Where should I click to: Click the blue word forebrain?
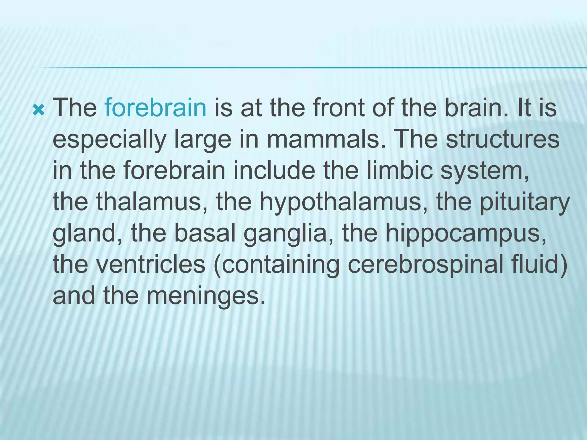pyautogui.click(x=155, y=108)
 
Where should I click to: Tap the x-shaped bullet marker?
pyautogui.click(x=38, y=110)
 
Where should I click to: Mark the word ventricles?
pyautogui.click(x=151, y=264)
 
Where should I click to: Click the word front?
pyautogui.click(x=338, y=108)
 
